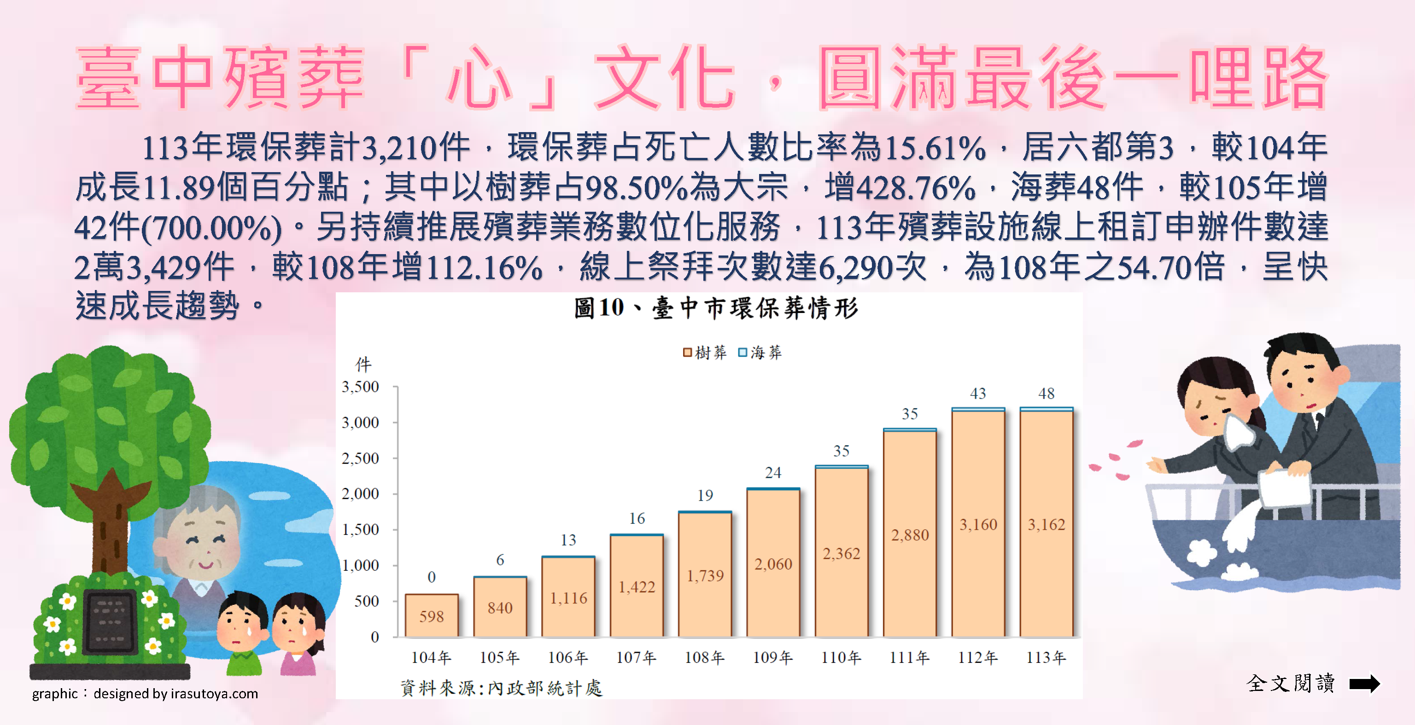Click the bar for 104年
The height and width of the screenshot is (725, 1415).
coord(431,615)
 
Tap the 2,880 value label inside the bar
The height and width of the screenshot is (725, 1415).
coord(910,535)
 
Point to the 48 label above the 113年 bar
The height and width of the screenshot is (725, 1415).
coord(1046,394)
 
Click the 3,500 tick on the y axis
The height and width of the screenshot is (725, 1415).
coord(360,387)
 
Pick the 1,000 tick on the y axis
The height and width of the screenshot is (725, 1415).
coord(360,565)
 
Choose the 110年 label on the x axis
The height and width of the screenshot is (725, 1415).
coord(841,657)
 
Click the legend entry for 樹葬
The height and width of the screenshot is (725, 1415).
coord(705,352)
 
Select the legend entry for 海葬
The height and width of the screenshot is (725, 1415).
coord(760,352)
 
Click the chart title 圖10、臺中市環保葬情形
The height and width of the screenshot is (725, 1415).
coord(715,308)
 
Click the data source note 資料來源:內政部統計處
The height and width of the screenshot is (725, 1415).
coord(501,688)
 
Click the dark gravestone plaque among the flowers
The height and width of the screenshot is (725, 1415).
coord(110,622)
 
